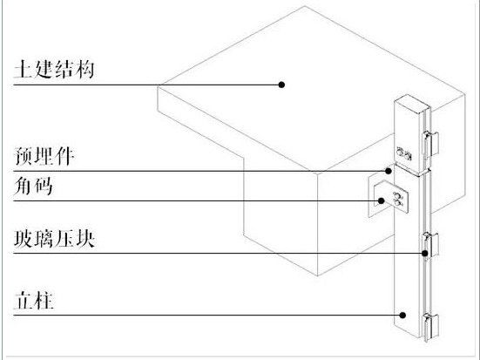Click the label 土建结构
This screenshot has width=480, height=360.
pyautogui.click(x=54, y=69)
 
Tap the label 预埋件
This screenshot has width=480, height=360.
pyautogui.click(x=44, y=156)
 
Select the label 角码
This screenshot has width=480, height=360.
pyautogui.click(x=33, y=186)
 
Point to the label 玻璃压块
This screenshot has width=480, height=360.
pyautogui.click(x=54, y=239)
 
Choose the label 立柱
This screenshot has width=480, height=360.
pyautogui.click(x=34, y=301)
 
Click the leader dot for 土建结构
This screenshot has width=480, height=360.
pyautogui.click(x=281, y=85)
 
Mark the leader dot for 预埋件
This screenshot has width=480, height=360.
pyautogui.click(x=389, y=171)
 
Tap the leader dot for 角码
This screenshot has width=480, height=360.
pyautogui.click(x=381, y=200)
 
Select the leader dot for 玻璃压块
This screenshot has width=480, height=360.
pyautogui.click(x=425, y=254)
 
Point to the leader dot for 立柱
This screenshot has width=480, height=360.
pyautogui.click(x=403, y=315)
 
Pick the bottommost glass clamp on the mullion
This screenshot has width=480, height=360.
pyautogui.click(x=430, y=327)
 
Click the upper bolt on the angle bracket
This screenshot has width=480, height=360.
pyautogui.click(x=397, y=195)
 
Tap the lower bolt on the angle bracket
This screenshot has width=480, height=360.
pyautogui.click(x=397, y=202)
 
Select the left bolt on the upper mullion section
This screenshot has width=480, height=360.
pyautogui.click(x=400, y=151)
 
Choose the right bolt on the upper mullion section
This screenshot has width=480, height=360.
pyautogui.click(x=408, y=155)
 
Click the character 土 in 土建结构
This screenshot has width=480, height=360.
pyautogui.click(x=24, y=69)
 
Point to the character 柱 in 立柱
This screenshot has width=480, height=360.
pyautogui.click(x=44, y=301)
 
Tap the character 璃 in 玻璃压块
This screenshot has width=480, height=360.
pyautogui.click(x=44, y=239)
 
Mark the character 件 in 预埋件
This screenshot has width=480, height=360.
pyautogui.click(x=64, y=156)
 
